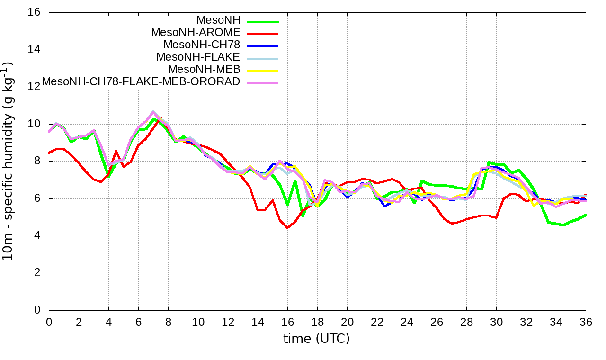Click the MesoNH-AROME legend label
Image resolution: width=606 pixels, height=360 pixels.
tap(196, 32)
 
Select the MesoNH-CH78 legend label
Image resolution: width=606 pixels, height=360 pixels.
tap(202, 45)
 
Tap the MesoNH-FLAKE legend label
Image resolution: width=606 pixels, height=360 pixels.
tap(198, 57)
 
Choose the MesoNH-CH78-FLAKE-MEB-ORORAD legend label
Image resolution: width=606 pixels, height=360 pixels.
tap(141, 81)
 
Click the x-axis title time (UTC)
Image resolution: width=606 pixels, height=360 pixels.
tap(316, 339)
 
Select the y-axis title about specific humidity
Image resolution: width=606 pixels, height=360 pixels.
tap(8, 161)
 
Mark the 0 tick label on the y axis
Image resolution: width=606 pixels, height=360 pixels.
tap(37, 310)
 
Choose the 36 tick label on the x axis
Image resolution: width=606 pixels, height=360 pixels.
tap(586, 322)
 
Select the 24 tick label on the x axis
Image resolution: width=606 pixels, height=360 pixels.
tap(407, 322)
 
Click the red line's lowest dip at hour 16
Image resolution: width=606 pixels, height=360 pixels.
tap(287, 228)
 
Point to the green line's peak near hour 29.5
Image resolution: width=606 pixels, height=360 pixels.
tap(489, 162)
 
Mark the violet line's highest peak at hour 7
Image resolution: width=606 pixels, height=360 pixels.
tap(153, 112)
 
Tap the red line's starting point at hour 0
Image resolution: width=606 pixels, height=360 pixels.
tap(49, 153)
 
